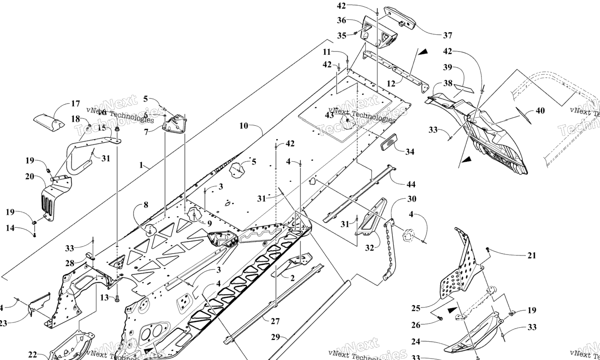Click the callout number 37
click(448, 35)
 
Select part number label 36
click(341, 20)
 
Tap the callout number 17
click(75, 104)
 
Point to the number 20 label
click(30, 176)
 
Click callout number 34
click(410, 152)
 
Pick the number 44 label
click(411, 185)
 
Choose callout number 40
click(540, 112)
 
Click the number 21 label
click(531, 255)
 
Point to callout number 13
click(104, 297)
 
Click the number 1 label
click(141, 165)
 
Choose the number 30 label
click(412, 199)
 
